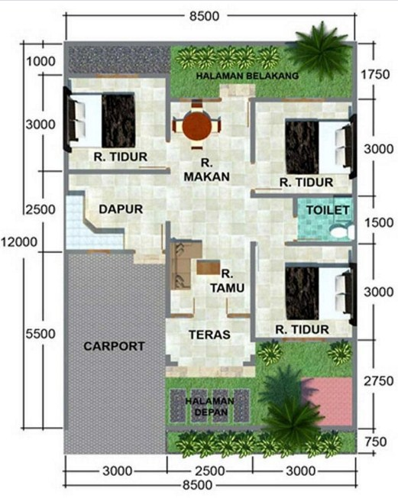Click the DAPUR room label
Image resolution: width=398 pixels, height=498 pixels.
[121, 209]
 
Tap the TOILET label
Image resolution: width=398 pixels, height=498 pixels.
[328, 210]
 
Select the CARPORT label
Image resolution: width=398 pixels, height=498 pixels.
[114, 346]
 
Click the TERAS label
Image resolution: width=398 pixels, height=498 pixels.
[209, 335]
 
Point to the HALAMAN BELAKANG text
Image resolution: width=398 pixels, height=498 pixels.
[248, 76]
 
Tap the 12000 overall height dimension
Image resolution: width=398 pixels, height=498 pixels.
[19, 242]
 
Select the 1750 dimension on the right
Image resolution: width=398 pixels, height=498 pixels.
[375, 74]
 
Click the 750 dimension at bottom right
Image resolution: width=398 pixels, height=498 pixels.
[375, 441]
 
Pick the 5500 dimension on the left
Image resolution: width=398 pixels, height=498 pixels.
[40, 334]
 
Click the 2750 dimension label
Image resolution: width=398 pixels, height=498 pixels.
[379, 381]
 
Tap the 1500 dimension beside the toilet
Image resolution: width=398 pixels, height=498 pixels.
[379, 222]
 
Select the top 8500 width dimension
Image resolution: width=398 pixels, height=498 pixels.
[204, 16]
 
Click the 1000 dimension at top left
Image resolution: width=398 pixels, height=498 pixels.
[40, 61]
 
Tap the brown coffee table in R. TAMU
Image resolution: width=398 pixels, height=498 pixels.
[209, 267]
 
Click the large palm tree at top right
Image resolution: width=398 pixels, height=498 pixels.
[319, 51]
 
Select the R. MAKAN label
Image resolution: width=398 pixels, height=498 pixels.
[206, 170]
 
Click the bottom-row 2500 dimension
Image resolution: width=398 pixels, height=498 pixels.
[209, 471]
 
